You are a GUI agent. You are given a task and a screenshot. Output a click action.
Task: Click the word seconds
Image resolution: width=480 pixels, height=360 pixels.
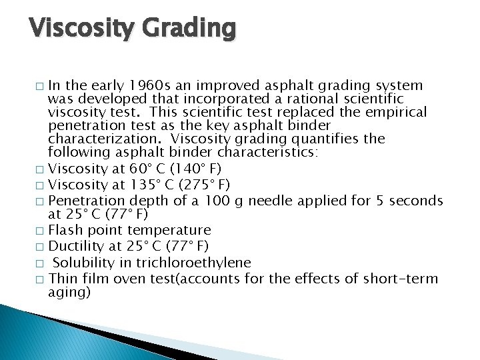click(x=417, y=200)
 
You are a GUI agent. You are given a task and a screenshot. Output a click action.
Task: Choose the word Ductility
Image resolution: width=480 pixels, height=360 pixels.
click(x=77, y=246)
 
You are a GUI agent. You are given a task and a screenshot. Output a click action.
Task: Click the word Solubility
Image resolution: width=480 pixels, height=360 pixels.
click(x=81, y=262)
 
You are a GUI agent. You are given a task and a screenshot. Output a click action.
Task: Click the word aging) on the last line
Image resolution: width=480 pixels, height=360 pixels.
click(x=69, y=292)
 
